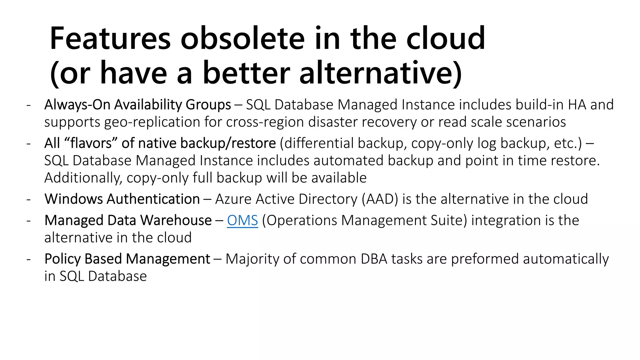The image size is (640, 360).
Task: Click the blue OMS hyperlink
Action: coord(242,220)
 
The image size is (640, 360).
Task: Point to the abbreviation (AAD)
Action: coord(380,199)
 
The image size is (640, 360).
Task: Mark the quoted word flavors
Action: coord(91,143)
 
